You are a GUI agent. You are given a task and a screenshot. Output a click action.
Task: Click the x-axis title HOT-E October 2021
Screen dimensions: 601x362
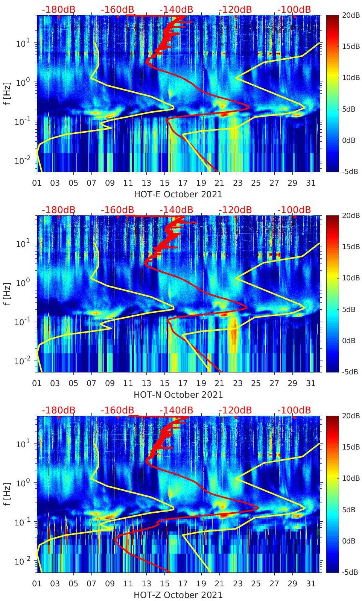(x=178, y=194)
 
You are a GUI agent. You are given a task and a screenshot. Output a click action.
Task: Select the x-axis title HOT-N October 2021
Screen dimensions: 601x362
(x=178, y=395)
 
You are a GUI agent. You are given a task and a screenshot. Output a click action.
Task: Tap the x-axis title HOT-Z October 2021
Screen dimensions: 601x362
(x=178, y=595)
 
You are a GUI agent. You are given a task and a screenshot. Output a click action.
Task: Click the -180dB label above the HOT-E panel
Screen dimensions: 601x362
(x=58, y=9)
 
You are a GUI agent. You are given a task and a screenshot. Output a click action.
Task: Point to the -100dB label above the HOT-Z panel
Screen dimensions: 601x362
(x=294, y=410)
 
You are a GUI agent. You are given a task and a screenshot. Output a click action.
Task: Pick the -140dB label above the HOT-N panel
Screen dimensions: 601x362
(x=176, y=210)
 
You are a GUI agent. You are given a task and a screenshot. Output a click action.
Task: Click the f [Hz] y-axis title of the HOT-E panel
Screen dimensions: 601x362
(x=7, y=93)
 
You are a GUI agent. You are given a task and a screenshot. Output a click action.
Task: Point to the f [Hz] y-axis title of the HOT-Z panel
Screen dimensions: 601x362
(x=7, y=494)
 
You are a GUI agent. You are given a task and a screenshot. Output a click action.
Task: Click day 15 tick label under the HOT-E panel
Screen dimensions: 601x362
(x=164, y=183)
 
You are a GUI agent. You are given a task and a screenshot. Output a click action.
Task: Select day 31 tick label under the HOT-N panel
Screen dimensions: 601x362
(x=310, y=383)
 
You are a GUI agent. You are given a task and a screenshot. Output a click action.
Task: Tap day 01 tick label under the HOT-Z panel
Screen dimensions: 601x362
(x=37, y=584)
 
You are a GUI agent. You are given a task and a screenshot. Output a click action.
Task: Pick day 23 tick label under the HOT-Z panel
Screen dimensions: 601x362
(x=237, y=584)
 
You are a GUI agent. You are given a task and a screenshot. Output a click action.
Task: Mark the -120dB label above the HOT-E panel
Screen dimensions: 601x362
(x=235, y=9)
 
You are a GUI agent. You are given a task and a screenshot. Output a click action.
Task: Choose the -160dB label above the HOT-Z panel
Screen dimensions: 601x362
(x=117, y=410)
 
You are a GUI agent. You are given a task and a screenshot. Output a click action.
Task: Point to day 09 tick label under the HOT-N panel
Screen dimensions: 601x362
(x=110, y=383)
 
